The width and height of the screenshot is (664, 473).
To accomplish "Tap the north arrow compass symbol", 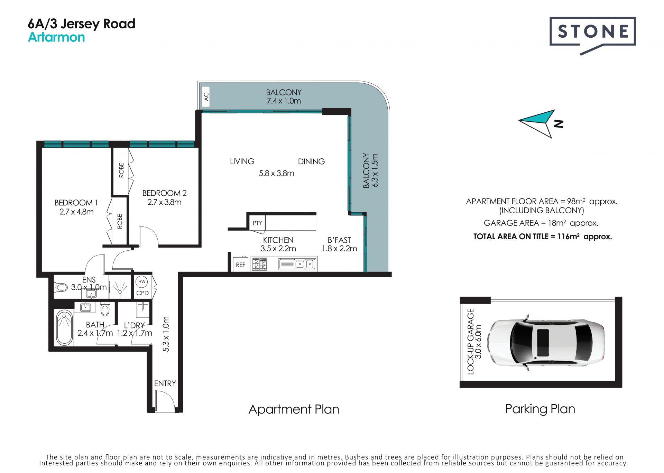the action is pyautogui.click(x=539, y=123).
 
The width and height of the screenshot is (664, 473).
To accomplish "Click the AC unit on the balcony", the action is pyautogui.click(x=206, y=96).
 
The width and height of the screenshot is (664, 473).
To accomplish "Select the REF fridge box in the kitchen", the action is pyautogui.click(x=240, y=265).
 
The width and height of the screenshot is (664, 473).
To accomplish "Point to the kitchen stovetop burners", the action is pyautogui.click(x=259, y=264).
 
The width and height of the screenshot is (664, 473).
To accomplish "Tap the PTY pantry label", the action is pyautogui.click(x=257, y=223).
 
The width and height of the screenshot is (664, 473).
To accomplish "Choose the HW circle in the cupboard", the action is pyautogui.click(x=142, y=282).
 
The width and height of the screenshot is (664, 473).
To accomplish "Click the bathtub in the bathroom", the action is pyautogui.click(x=64, y=327).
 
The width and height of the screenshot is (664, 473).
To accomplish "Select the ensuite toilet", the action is pyautogui.click(x=61, y=287).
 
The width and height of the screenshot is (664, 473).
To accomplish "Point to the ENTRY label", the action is pyautogui.click(x=165, y=383).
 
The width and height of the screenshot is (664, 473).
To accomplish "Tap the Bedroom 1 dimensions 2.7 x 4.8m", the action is pyautogui.click(x=76, y=212).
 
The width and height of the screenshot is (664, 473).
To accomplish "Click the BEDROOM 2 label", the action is pyautogui.click(x=164, y=193).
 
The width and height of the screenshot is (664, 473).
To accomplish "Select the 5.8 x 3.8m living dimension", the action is pyautogui.click(x=276, y=173).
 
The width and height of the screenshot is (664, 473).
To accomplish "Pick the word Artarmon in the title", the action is pyautogui.click(x=56, y=37).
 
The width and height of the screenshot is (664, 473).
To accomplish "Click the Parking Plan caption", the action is pyautogui.click(x=540, y=409).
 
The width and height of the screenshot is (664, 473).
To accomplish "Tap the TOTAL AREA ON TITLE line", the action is pyautogui.click(x=543, y=237).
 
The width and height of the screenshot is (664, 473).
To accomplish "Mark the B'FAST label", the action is pyautogui.click(x=339, y=240).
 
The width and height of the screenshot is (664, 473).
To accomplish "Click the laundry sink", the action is pyautogui.click(x=142, y=310).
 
